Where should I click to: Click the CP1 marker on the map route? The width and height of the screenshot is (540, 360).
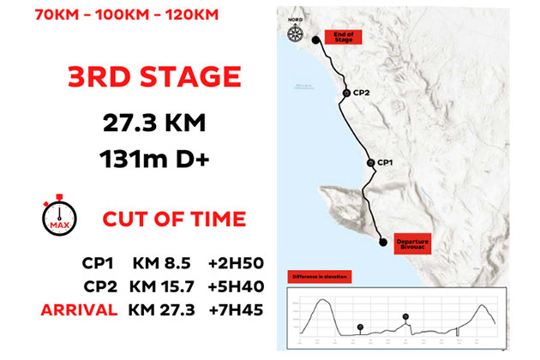(369, 162)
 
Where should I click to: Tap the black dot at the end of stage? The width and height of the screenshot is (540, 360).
(315, 39)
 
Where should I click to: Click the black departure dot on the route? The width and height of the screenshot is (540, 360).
(382, 243)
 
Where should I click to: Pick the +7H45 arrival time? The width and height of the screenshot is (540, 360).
(231, 309)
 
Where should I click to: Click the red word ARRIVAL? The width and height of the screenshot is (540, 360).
(77, 309)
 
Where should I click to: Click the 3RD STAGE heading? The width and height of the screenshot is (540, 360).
(153, 77)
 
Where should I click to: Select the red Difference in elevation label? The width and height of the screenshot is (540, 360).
(319, 279)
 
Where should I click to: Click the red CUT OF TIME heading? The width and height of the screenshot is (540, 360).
(174, 218)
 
